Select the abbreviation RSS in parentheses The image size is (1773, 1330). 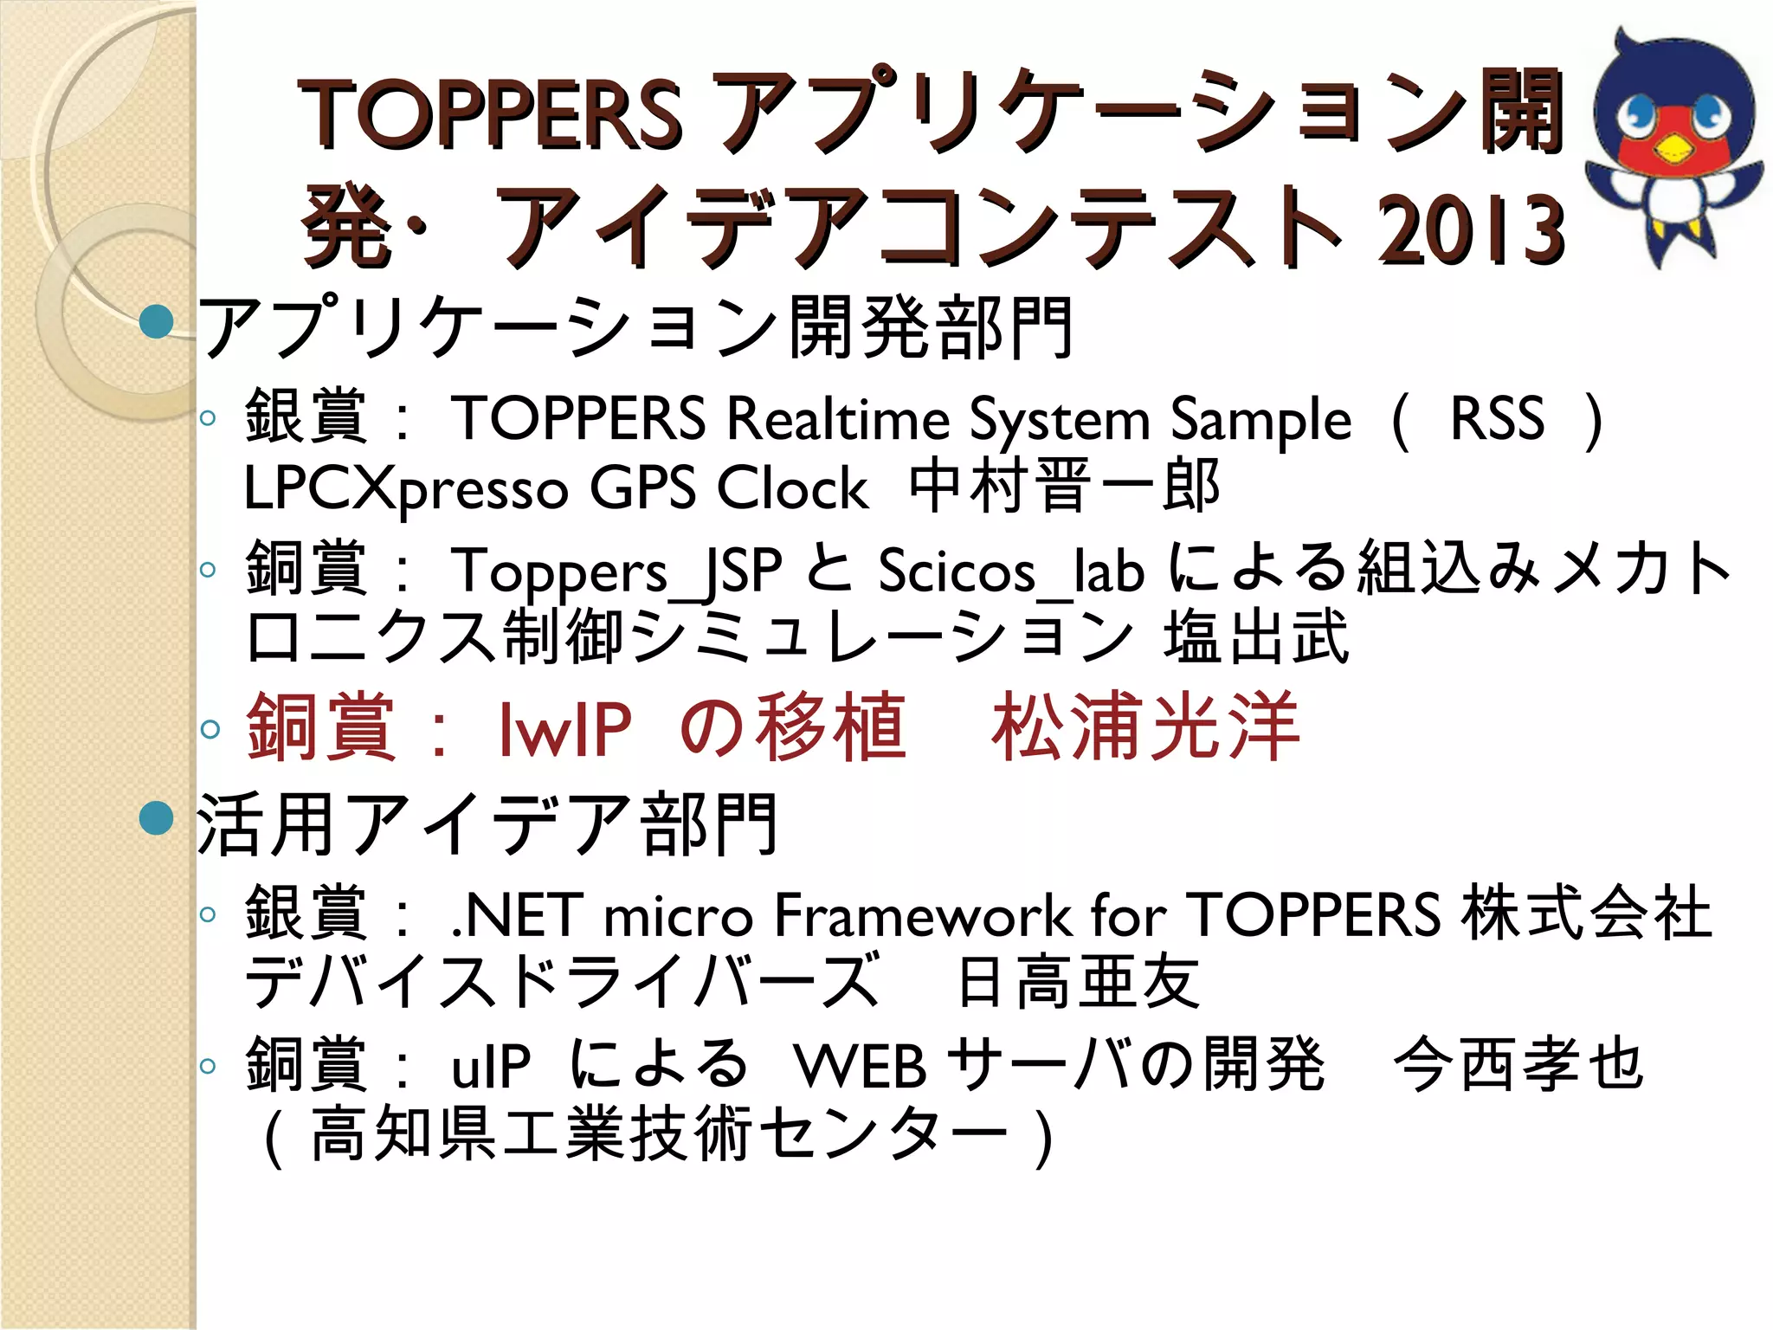[1497, 419]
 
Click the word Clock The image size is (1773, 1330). [792, 488]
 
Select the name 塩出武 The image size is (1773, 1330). [1256, 637]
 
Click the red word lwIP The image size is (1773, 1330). [565, 729]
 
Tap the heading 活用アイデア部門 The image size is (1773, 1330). [487, 824]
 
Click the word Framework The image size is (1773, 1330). [923, 916]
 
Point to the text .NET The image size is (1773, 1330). [515, 916]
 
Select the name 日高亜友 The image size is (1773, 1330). [1079, 984]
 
